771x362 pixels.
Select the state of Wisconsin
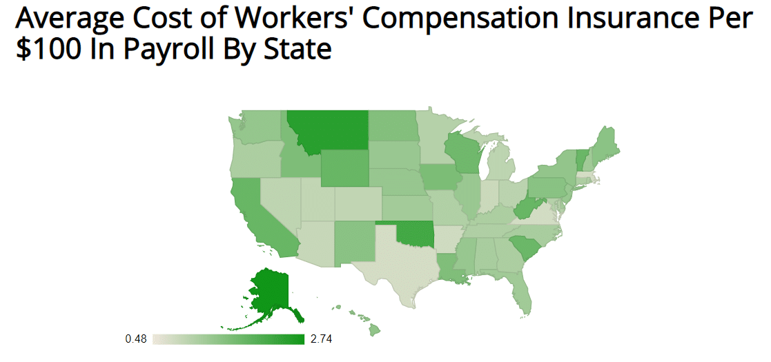click(x=461, y=152)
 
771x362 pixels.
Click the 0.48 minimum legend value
click(x=136, y=339)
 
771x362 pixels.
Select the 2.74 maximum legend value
click(x=322, y=339)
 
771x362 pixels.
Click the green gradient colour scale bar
click(x=228, y=339)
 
